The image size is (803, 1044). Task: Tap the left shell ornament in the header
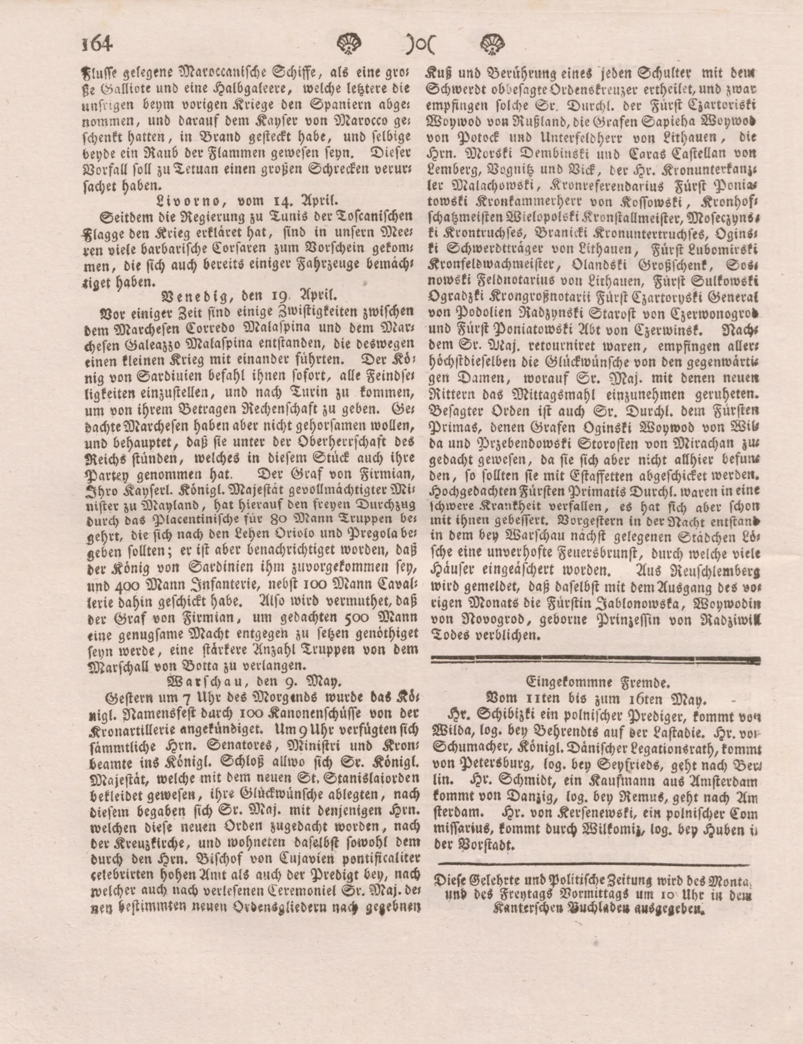[x=352, y=46]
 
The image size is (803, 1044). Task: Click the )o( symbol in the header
[x=421, y=46]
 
